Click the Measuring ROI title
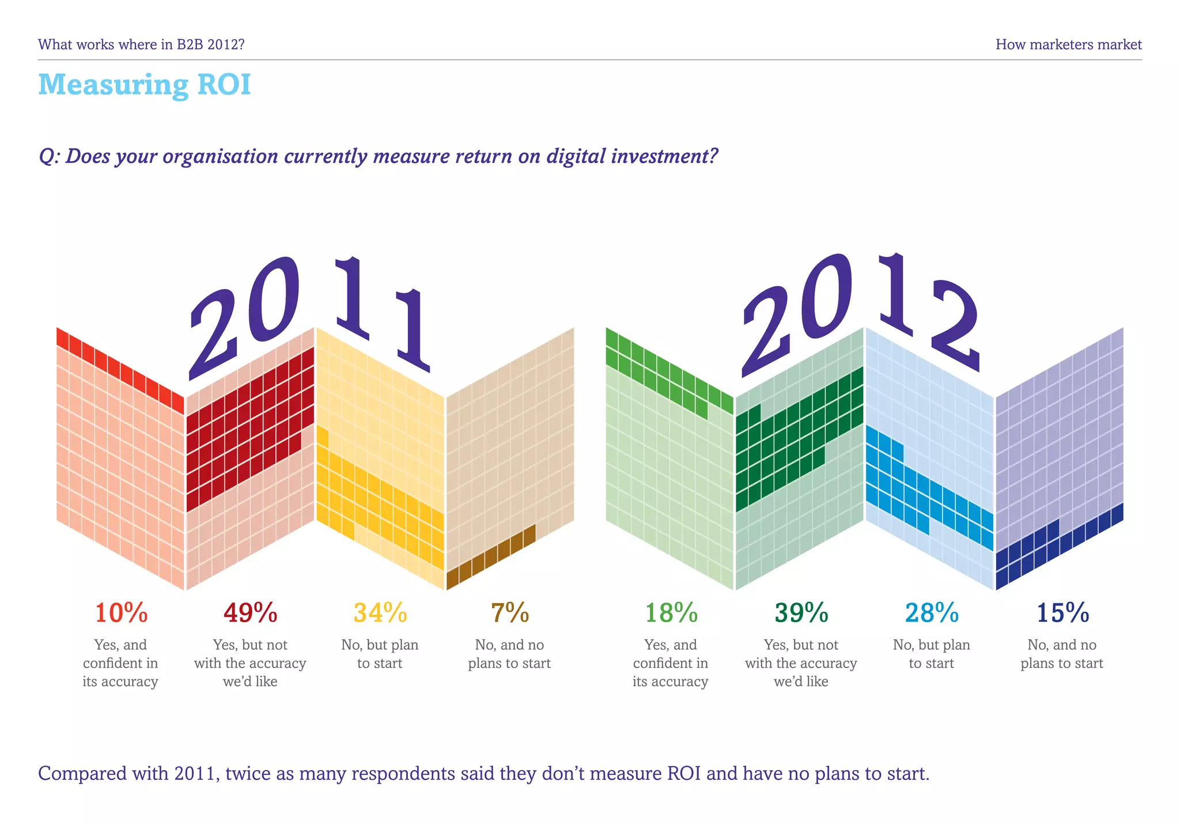coord(145,85)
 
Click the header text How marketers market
coord(1068,44)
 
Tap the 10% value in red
coord(121,613)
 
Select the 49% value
coord(250,613)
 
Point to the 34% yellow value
coord(380,613)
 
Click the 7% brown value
coord(509,613)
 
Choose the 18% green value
coord(671,613)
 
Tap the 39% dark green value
coord(801,613)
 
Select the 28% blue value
coord(931,613)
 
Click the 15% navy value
coord(1062,613)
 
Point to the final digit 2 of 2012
coord(954,325)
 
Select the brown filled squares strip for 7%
coord(490,556)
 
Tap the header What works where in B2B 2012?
coord(141,44)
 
